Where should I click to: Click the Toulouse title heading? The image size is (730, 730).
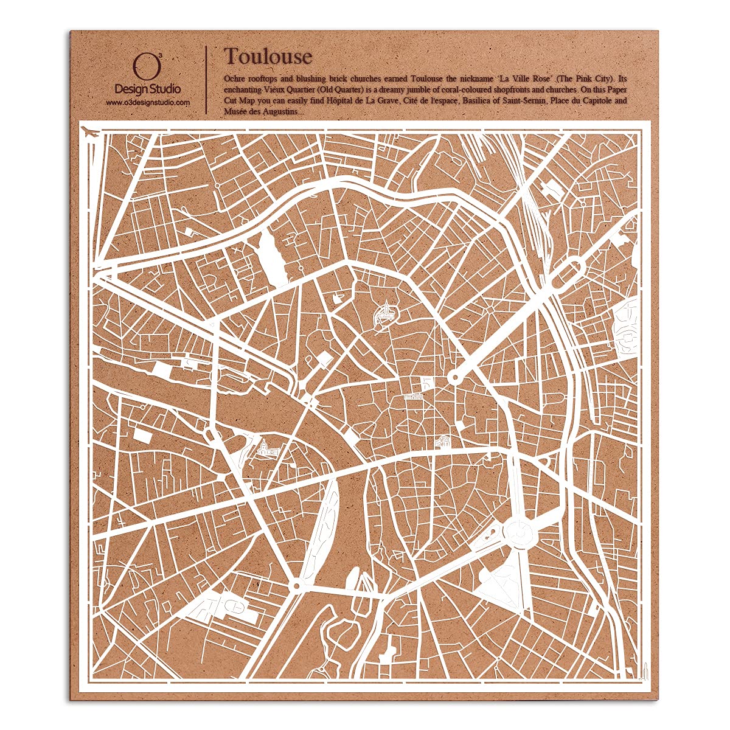tap(268, 57)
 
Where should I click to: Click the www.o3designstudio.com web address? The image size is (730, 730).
tap(148, 103)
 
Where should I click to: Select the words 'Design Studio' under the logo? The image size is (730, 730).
tap(148, 89)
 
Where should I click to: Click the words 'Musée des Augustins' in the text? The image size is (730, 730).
tap(260, 111)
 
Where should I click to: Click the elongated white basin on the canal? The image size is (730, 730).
tap(272, 255)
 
